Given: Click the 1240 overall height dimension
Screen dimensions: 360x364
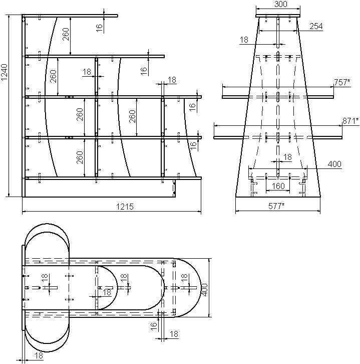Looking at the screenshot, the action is (5, 72).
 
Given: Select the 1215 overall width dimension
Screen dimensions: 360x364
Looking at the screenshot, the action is (125, 207).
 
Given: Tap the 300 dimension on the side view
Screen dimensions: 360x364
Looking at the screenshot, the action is (281, 4).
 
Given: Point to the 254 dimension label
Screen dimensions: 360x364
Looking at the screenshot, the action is (316, 26).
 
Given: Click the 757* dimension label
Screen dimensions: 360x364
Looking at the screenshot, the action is (342, 82).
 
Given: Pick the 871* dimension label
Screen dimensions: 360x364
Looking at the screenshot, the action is (350, 121).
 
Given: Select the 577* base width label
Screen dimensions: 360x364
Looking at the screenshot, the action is (276, 206).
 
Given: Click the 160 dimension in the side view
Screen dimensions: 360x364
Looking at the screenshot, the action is (278, 186).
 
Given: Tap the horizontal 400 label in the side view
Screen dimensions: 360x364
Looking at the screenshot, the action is (334, 164).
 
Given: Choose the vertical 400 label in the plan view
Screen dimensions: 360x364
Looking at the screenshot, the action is (204, 289).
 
